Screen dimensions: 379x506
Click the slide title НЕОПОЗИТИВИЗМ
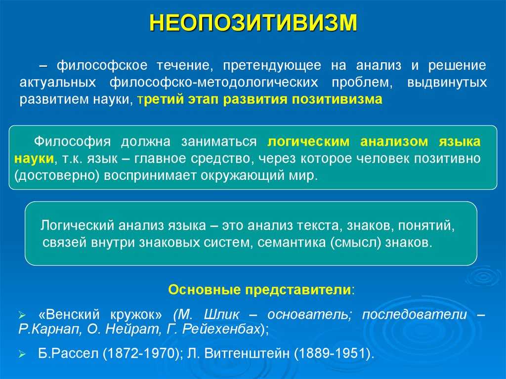click(x=253, y=23)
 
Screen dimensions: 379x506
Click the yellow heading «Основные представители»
click(x=260, y=290)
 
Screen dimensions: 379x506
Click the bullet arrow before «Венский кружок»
click(x=21, y=315)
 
